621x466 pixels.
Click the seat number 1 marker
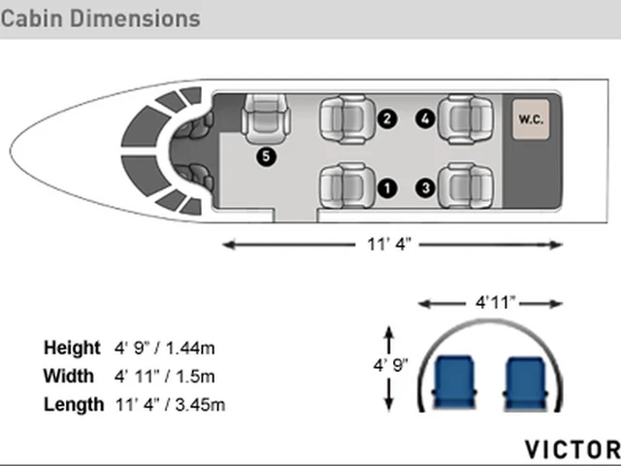(387, 188)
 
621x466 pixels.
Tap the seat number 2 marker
(387, 118)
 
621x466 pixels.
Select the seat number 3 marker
(426, 187)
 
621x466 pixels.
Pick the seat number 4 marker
(425, 118)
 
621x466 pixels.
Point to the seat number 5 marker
(266, 156)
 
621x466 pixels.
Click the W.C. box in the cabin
(531, 119)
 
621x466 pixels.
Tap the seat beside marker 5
(266, 118)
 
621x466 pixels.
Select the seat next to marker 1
(347, 185)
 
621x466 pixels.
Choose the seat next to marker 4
(466, 119)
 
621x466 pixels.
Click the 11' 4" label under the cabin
(389, 245)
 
